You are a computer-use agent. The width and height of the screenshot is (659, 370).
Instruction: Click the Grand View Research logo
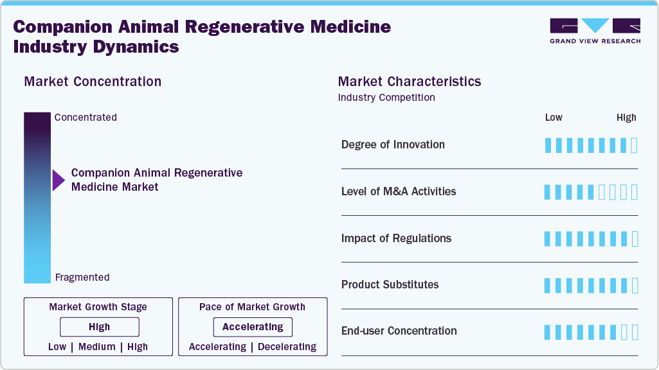coord(595,31)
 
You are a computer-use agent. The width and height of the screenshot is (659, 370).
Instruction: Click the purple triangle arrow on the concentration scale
coord(59,181)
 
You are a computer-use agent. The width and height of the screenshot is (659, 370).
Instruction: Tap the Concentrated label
coord(86,118)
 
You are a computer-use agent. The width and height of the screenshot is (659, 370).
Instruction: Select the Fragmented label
coord(82,277)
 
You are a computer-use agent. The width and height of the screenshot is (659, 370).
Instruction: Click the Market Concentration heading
coord(93,82)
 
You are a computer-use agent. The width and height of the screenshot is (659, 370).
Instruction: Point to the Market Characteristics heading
coord(410,82)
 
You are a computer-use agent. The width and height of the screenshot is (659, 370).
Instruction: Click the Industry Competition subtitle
coord(386,98)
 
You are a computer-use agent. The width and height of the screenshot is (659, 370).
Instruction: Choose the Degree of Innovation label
coord(393,145)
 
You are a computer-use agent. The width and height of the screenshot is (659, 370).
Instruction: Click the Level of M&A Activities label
coord(399,191)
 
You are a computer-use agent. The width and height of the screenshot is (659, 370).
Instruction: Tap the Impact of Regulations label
coord(396,238)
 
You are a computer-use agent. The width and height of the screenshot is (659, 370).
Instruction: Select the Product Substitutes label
coord(390,285)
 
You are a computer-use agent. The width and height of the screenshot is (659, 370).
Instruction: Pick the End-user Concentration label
coord(399,331)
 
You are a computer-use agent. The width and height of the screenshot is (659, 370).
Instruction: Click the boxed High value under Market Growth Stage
coord(99,327)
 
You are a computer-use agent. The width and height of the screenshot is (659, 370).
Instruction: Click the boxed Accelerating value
coord(253,327)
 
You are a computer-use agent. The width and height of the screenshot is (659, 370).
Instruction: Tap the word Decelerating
coord(287,347)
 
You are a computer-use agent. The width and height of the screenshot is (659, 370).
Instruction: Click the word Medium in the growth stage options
coord(98,347)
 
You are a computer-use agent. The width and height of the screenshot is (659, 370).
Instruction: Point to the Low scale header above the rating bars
coord(554,118)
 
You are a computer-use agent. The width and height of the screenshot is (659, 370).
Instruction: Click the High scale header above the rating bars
coord(626,118)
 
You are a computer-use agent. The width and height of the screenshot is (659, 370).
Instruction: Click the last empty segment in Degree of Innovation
coord(635,145)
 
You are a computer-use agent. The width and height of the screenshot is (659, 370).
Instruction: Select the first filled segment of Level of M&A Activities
coord(548,192)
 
